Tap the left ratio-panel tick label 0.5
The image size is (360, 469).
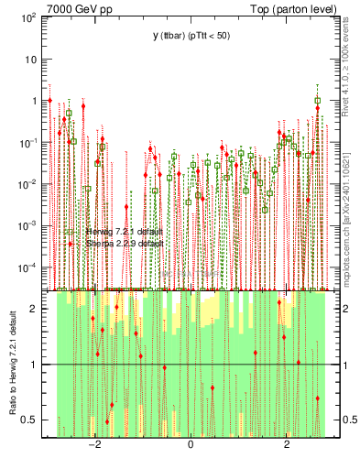pos(30,420)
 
